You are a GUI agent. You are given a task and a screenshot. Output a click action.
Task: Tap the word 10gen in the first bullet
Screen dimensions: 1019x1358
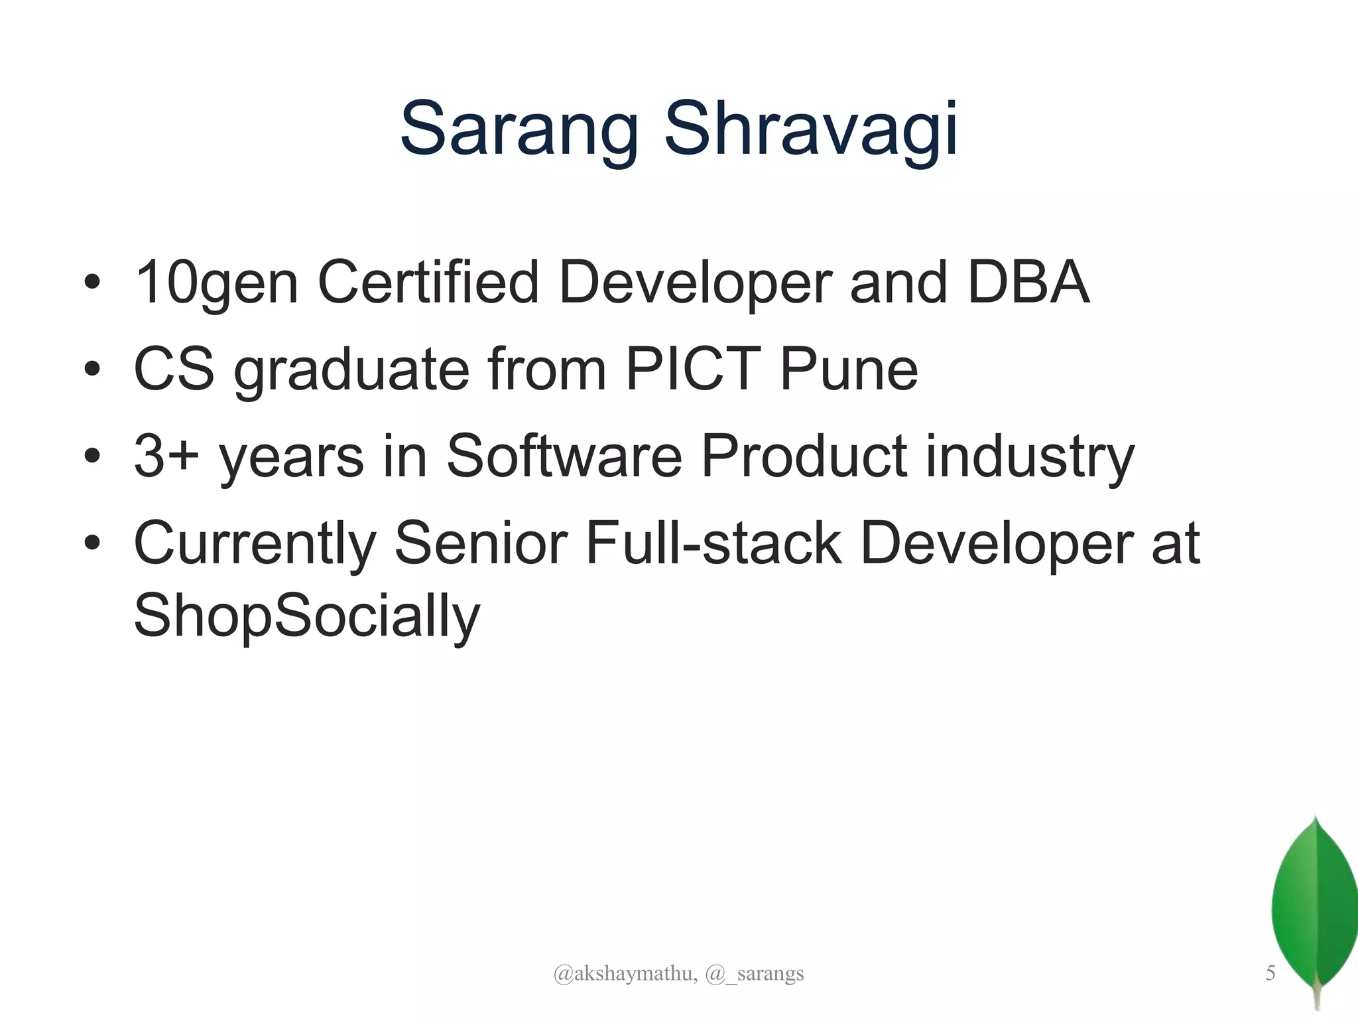pyautogui.click(x=216, y=283)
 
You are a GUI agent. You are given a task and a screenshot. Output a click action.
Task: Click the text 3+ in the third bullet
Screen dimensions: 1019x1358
pyautogui.click(x=166, y=456)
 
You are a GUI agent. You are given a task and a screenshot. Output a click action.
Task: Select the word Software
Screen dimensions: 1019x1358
pyautogui.click(x=564, y=456)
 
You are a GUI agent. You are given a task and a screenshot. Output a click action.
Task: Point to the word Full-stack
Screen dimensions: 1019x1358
pyautogui.click(x=713, y=544)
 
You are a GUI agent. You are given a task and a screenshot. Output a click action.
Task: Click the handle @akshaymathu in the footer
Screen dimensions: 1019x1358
pyautogui.click(x=625, y=973)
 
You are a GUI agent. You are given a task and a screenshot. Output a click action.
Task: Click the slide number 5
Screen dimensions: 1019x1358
pyautogui.click(x=1270, y=973)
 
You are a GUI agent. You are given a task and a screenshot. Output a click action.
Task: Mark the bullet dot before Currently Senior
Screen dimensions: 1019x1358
pyautogui.click(x=92, y=543)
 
